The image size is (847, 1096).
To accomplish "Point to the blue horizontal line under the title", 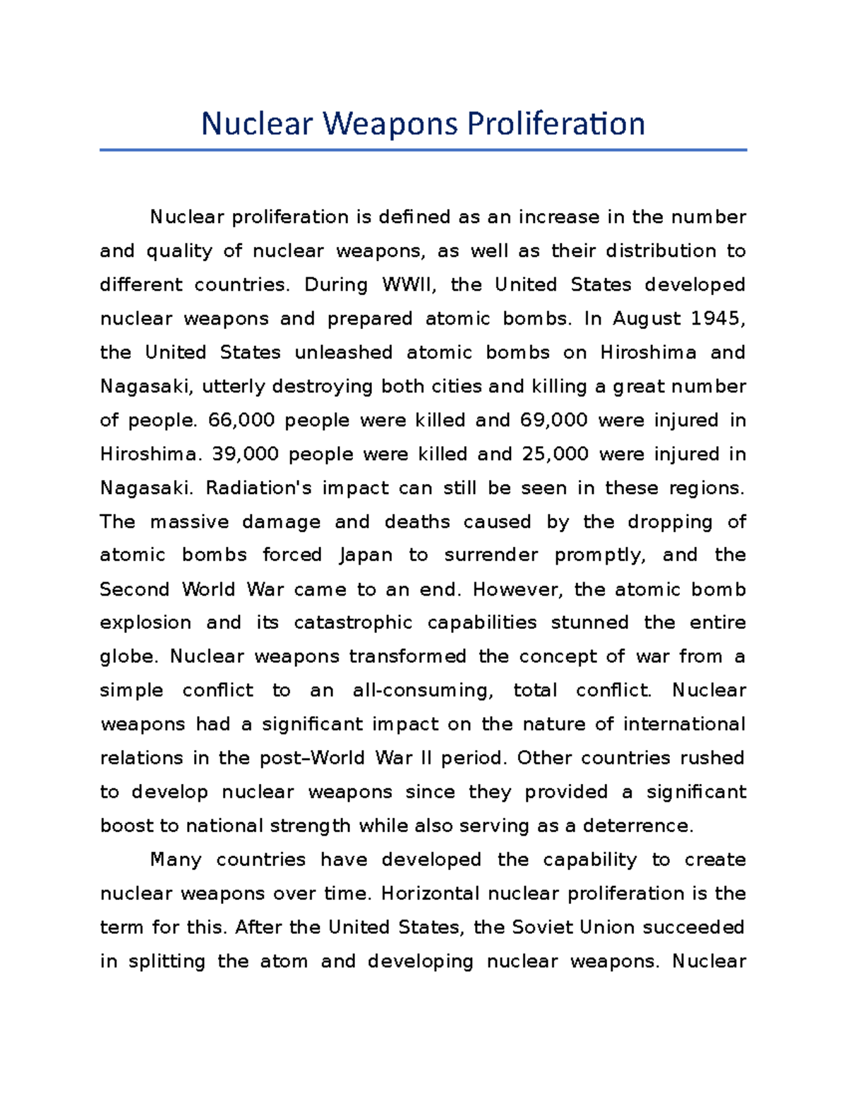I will click(423, 150).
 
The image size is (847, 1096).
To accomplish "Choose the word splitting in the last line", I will click(167, 962).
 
